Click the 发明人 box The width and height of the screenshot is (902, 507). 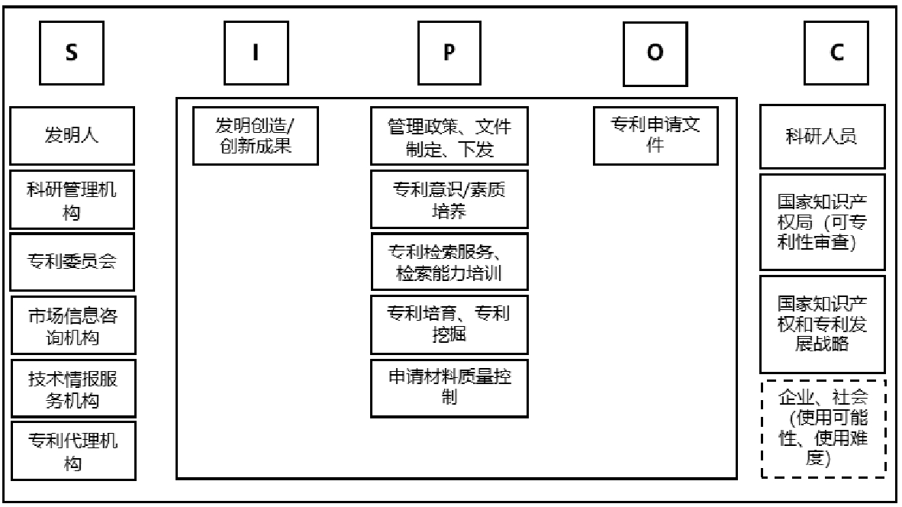pyautogui.click(x=72, y=137)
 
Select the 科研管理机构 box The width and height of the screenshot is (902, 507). pyautogui.click(x=72, y=200)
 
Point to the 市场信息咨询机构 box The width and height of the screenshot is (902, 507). pyautogui.click(x=72, y=325)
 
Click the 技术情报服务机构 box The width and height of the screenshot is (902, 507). pyautogui.click(x=72, y=388)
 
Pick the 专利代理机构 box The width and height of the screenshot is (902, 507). pyautogui.click(x=72, y=450)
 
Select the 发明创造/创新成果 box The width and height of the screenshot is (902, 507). pyautogui.click(x=255, y=136)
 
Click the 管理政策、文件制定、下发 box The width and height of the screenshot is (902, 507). pyautogui.click(x=449, y=136)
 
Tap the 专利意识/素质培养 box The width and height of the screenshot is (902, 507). pyautogui.click(x=449, y=199)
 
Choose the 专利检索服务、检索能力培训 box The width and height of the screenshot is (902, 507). pyautogui.click(x=449, y=262)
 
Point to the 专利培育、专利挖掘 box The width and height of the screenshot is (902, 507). pyautogui.click(x=449, y=325)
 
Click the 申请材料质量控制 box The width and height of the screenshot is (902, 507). pyautogui.click(x=449, y=387)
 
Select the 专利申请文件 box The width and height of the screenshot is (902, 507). pyautogui.click(x=656, y=136)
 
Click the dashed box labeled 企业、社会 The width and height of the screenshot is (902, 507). pyautogui.click(x=823, y=428)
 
